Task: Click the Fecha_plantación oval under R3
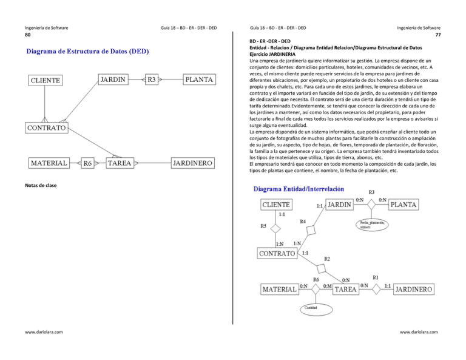(x=373, y=225)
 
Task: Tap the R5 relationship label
(x=263, y=227)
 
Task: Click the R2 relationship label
(x=327, y=259)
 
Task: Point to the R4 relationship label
(x=304, y=223)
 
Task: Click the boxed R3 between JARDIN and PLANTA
(x=152, y=79)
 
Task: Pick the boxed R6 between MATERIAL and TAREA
(x=87, y=163)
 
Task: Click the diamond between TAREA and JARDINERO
(x=376, y=290)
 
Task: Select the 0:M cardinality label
(x=328, y=286)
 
